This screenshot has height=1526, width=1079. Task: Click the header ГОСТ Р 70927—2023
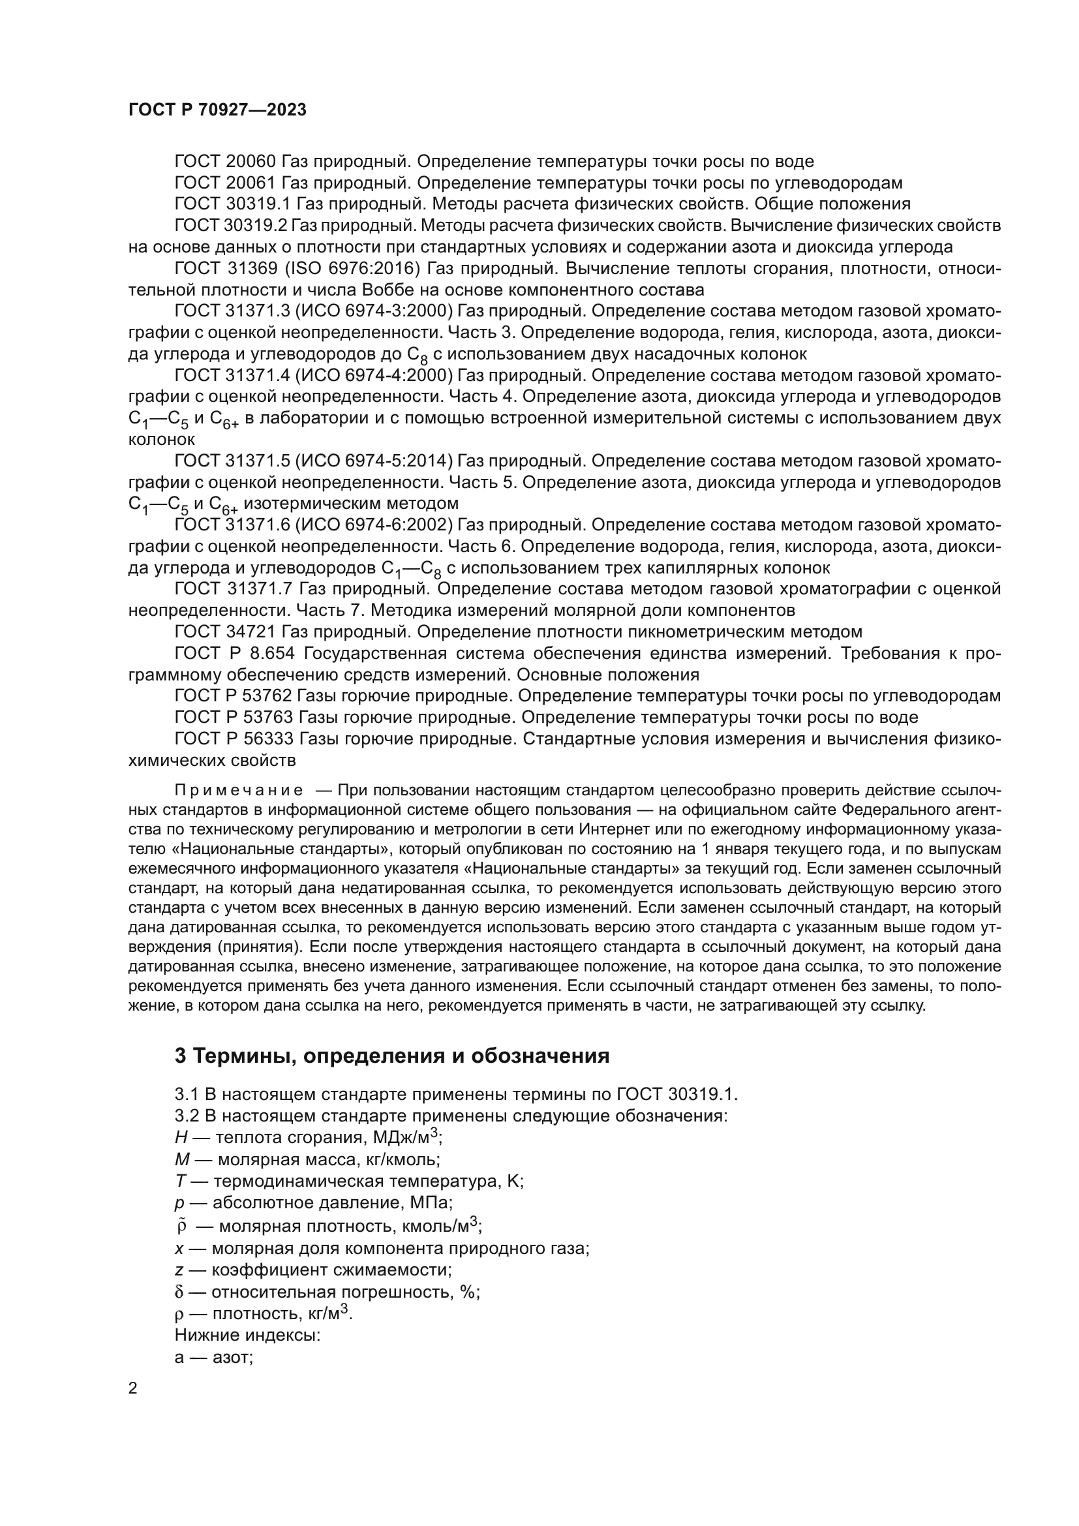pos(217,110)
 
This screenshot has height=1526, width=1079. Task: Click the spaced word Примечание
pos(239,790)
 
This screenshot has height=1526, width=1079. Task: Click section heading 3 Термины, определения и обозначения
pos(392,1056)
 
